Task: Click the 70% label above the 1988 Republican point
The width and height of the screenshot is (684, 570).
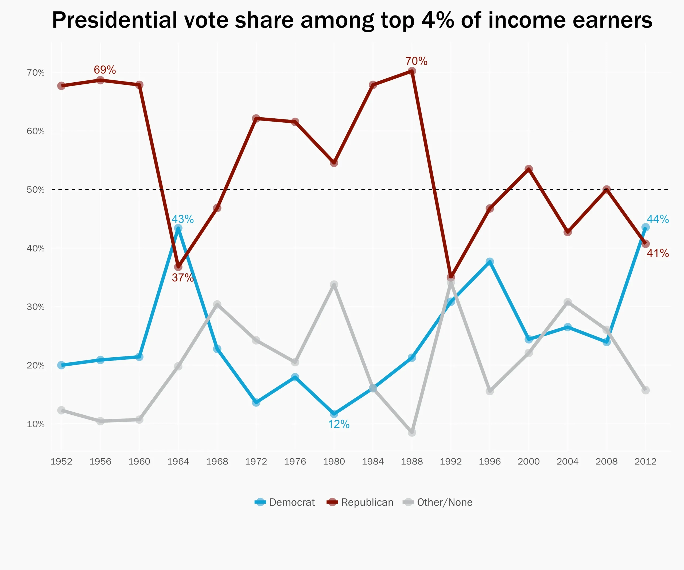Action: coord(416,61)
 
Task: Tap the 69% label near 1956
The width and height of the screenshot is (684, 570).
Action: coord(104,70)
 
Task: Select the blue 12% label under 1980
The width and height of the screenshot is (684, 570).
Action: coord(339,424)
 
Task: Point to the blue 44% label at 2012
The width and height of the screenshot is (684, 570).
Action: coord(657,219)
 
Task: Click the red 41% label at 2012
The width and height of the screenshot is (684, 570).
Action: coord(657,253)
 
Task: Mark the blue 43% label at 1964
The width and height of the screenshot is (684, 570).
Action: coord(182,219)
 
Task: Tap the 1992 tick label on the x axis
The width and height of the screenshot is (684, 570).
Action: coord(450,461)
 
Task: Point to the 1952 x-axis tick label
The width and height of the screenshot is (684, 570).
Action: coord(61,461)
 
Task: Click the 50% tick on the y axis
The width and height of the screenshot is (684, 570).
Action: coord(36,189)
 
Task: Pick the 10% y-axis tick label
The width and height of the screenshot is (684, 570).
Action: coord(36,424)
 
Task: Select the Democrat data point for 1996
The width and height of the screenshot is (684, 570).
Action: coord(489,262)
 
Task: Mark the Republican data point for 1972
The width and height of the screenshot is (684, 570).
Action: coord(256,118)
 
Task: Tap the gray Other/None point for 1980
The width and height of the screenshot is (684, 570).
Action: coord(334,284)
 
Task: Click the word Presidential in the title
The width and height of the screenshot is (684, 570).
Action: coord(114,20)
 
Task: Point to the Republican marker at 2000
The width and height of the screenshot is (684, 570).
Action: coord(529,169)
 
